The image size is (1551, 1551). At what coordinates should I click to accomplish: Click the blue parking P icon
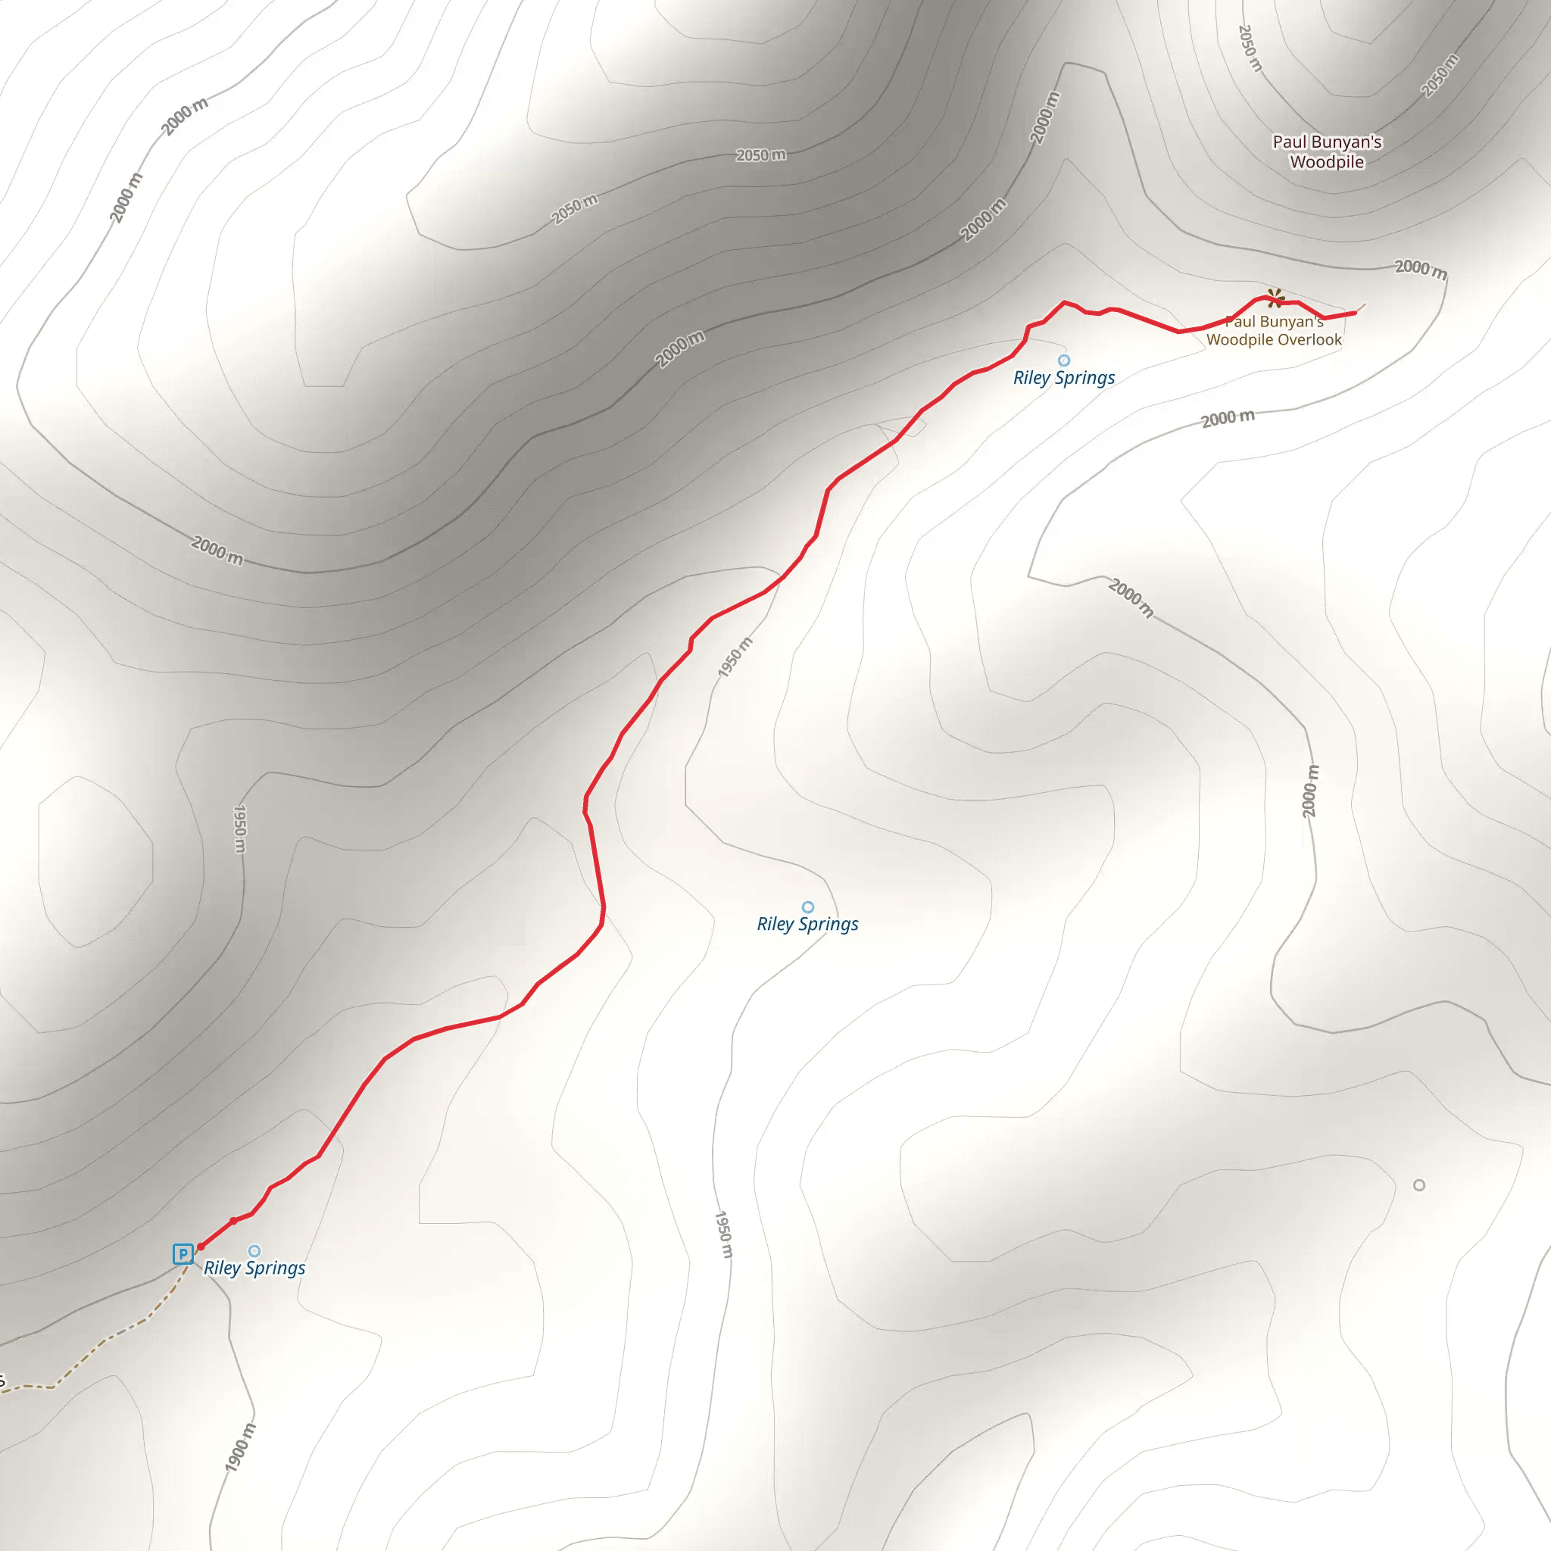tap(183, 1254)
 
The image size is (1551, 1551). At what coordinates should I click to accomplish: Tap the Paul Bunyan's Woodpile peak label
tap(1326, 151)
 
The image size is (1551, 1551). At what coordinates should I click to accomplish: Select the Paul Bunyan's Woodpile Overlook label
tap(1273, 331)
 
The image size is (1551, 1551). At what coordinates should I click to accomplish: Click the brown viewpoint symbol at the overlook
tap(1274, 298)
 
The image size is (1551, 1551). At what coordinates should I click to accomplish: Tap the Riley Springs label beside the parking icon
tap(254, 1269)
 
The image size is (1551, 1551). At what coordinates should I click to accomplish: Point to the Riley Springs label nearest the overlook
tap(1064, 378)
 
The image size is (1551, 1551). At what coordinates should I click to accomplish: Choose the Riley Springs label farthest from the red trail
tap(807, 924)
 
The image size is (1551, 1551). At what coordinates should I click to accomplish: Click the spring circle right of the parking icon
tap(254, 1251)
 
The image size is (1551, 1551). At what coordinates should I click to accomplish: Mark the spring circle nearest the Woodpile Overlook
tap(1064, 360)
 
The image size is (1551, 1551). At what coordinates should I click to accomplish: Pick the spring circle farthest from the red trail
tap(807, 907)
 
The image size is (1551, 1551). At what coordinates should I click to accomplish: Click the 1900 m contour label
tap(240, 1447)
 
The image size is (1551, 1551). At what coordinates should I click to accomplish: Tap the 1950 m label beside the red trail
tap(735, 657)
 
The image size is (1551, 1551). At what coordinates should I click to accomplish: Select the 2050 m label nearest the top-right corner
tap(1440, 76)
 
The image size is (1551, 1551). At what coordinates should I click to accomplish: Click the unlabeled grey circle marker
tap(1419, 1185)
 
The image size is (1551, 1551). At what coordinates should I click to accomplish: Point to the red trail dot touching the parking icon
tap(201, 1247)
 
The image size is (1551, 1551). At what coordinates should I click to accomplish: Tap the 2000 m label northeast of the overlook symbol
tap(1420, 269)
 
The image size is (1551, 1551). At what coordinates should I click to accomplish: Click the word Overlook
tap(1311, 339)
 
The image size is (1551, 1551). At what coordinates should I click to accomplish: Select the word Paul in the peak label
tap(1289, 142)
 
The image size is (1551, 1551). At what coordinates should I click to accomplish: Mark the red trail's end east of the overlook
tap(1356, 312)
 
